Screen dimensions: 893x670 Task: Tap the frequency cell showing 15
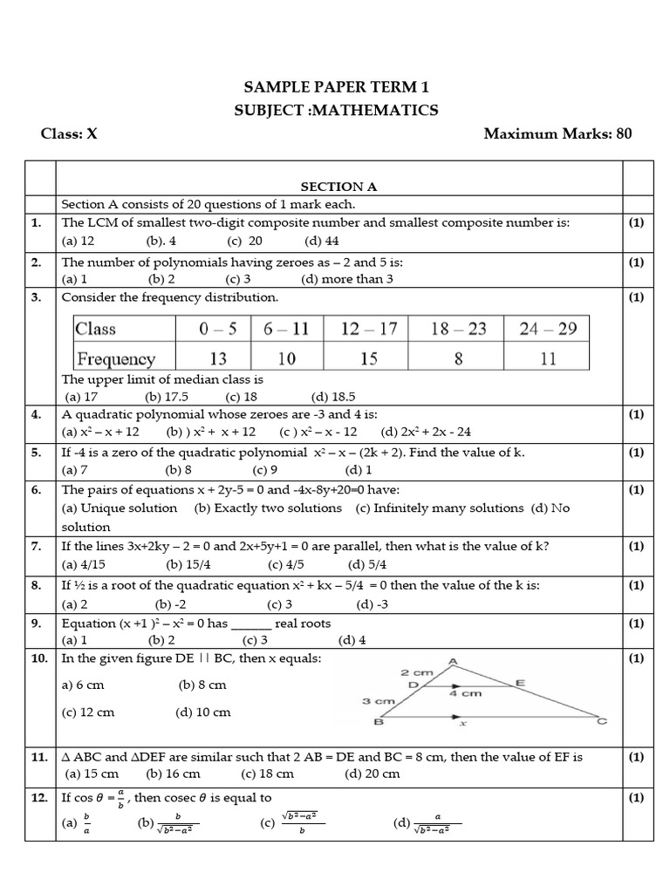coord(371,358)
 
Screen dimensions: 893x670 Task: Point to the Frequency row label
coord(115,358)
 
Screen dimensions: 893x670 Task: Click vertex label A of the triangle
coord(452,662)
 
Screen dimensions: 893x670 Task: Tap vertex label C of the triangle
coord(601,721)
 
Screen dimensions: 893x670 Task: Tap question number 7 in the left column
coord(37,546)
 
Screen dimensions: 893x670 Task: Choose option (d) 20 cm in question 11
coord(373,774)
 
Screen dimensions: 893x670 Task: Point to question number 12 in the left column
coord(38,797)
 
